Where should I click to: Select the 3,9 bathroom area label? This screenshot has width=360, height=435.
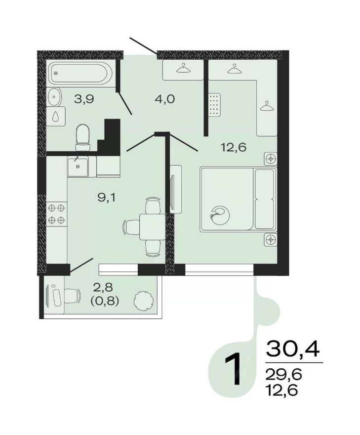click(x=84, y=98)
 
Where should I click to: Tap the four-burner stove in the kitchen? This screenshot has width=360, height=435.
click(x=56, y=214)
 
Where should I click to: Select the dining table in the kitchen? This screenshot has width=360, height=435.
click(x=148, y=225)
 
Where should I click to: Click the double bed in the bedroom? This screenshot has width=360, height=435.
click(x=237, y=199)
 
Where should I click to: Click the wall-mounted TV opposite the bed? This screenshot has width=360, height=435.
click(x=173, y=188)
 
